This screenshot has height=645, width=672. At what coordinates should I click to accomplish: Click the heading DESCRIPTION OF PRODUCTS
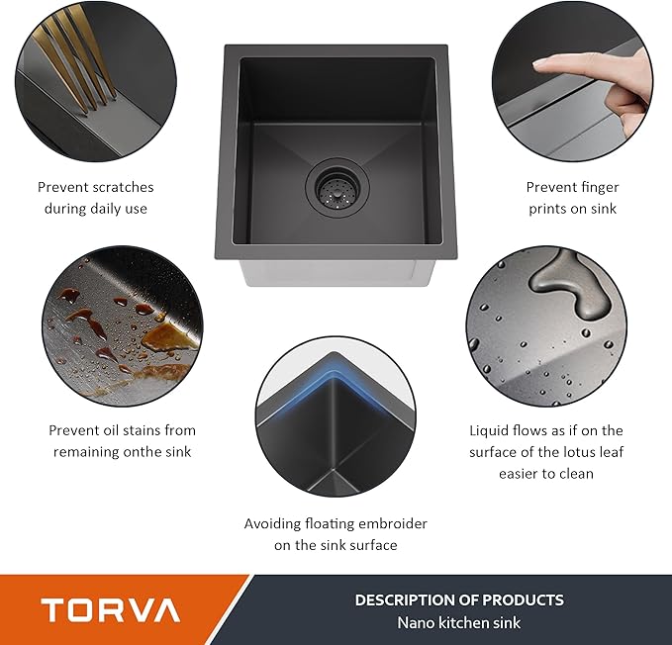(459, 599)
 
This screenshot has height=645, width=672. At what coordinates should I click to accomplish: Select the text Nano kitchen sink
(459, 622)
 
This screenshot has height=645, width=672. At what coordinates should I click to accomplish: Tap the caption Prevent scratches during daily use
(96, 197)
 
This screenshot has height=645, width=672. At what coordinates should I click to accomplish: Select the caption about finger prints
(571, 197)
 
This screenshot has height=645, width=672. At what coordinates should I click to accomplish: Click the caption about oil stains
(122, 440)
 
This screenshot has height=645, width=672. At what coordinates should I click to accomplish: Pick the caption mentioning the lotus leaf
(545, 452)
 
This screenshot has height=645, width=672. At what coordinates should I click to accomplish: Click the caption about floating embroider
(336, 534)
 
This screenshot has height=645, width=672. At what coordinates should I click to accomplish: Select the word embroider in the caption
(394, 523)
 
